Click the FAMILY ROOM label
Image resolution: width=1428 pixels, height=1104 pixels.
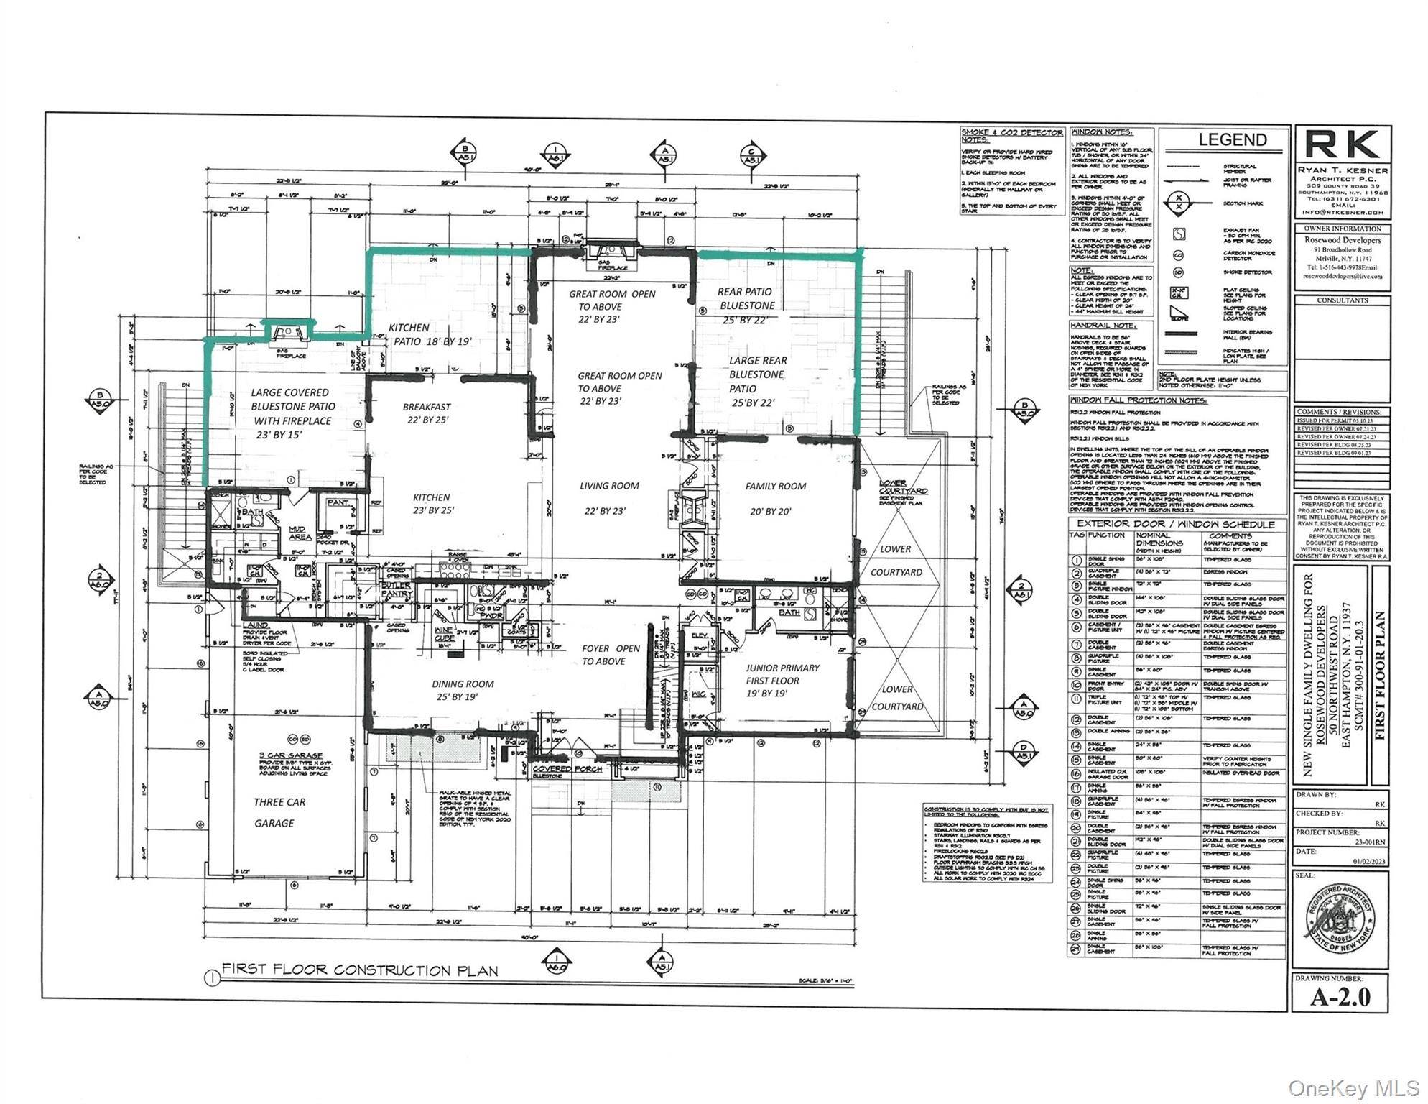(x=775, y=487)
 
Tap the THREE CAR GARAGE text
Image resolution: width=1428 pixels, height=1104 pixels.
(x=279, y=812)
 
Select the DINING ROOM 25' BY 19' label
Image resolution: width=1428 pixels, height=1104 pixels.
(x=463, y=690)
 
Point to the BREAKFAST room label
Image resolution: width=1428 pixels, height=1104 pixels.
(x=426, y=407)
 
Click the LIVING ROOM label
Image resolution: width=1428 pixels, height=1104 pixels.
(x=609, y=487)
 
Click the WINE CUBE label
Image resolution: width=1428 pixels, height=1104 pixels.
(x=445, y=634)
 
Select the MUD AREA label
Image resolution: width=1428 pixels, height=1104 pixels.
(x=300, y=533)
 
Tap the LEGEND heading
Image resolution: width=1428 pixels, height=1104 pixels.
(x=1232, y=140)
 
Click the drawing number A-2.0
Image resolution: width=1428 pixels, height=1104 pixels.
(x=1340, y=997)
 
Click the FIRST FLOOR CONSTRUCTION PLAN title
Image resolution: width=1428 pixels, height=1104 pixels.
(x=359, y=970)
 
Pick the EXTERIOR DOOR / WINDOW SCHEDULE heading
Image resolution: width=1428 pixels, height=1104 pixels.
(x=1175, y=524)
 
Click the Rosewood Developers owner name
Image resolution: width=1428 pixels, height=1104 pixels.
(x=1342, y=240)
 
